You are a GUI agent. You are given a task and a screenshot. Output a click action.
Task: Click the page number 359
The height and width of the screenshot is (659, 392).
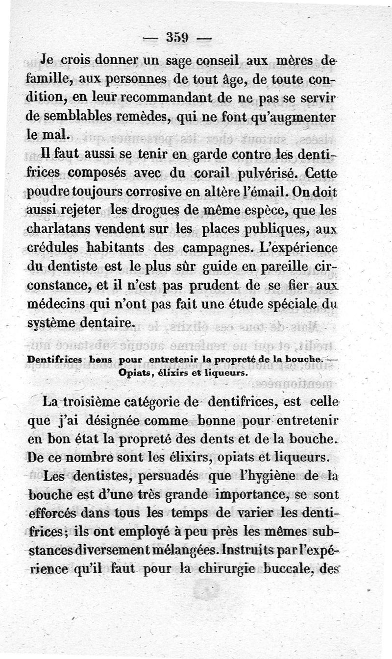tap(181, 37)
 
